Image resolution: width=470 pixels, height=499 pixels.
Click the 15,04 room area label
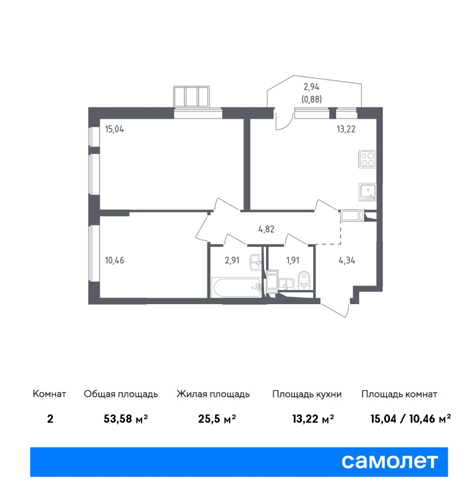(115, 129)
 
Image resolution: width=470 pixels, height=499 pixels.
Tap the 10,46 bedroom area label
(115, 260)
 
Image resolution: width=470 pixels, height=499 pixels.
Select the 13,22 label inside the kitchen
(346, 129)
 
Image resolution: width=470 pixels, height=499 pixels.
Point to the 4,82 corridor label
(266, 229)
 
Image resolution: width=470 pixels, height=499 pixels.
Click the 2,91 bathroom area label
(232, 260)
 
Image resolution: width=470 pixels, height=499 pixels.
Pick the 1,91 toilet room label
(293, 260)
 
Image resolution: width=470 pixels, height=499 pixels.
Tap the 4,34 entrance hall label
(347, 260)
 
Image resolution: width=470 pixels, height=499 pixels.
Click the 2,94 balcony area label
(311, 87)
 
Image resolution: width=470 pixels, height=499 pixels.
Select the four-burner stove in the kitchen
(367, 159)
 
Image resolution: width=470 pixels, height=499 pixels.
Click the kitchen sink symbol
(367, 192)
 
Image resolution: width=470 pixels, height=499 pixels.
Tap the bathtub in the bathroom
(237, 288)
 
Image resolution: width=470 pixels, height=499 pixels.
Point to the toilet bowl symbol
(304, 280)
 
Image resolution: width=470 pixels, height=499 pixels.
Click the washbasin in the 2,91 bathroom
(256, 262)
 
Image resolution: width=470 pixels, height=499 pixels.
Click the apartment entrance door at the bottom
(334, 309)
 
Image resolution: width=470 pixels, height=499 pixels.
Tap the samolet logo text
(390, 461)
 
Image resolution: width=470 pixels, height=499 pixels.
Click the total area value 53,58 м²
(126, 419)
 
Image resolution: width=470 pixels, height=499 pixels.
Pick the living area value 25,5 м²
(217, 419)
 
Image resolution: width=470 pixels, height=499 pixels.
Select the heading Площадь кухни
(307, 395)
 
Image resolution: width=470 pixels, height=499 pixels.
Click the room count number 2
(50, 419)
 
